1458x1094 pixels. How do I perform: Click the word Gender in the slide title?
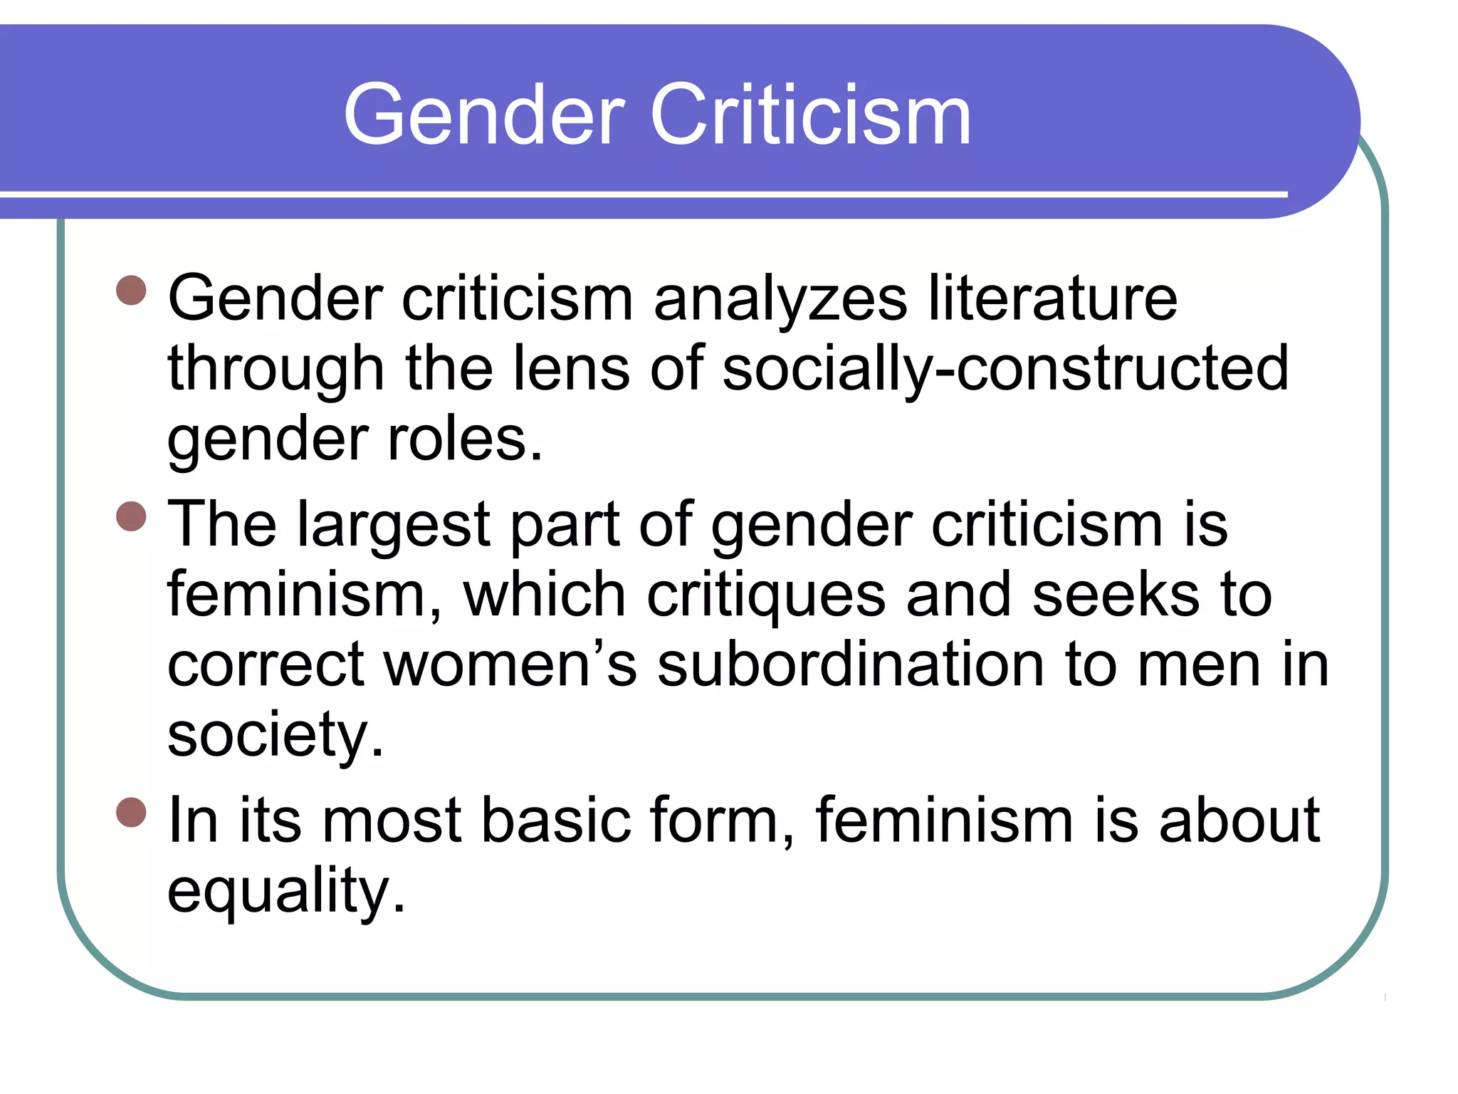(x=484, y=115)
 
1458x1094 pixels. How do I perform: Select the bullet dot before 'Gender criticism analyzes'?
(x=131, y=291)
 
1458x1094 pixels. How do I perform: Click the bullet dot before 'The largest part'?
(x=131, y=516)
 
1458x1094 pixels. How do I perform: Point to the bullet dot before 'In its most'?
(x=131, y=813)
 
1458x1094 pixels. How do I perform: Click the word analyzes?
(x=780, y=299)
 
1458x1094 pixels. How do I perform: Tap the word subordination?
(x=851, y=665)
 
